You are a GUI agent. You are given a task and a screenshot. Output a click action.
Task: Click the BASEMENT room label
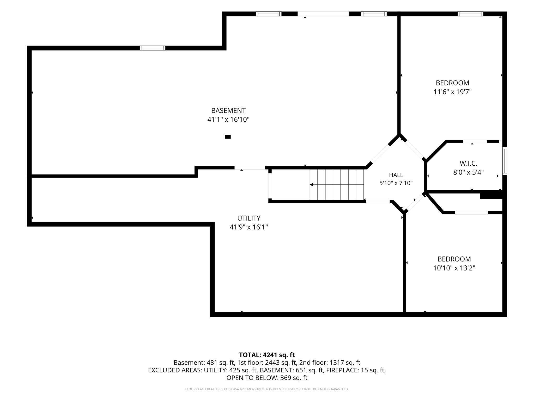point(228,111)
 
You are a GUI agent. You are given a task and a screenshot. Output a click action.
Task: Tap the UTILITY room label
point(249,218)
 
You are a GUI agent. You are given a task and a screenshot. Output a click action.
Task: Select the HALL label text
point(396,175)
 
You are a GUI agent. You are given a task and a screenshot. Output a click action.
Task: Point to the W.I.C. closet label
point(468,164)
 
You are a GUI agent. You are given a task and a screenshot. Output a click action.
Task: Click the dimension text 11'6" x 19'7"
point(452,92)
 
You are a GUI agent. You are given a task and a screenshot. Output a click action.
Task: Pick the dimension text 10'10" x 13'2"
point(454,268)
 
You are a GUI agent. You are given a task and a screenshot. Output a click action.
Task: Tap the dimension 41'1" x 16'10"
point(228,120)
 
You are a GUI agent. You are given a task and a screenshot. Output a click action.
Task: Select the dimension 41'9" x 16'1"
point(249,227)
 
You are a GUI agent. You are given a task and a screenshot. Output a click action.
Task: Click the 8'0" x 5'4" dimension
point(469,172)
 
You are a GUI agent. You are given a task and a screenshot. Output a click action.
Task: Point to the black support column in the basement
point(228,137)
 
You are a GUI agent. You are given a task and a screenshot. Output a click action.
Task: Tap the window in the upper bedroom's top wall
point(470,14)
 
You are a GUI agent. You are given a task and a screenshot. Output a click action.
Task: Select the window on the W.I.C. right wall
point(505,161)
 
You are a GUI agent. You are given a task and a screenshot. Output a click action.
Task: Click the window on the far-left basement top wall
point(153,48)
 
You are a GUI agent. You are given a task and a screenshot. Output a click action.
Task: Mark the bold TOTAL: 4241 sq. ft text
point(267,355)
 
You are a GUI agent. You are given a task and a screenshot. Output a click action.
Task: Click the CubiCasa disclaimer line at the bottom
point(267,389)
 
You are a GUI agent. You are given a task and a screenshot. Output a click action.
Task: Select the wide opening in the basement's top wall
point(323,14)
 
